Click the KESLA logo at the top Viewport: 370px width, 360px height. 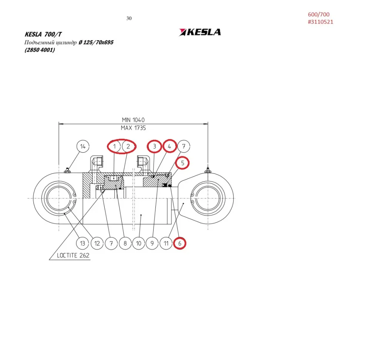200,32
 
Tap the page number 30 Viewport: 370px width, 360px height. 129,18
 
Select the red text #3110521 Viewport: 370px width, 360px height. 320,22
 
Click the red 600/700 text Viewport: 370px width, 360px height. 319,14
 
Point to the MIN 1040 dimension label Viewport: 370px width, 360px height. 133,120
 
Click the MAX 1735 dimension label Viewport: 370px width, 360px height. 133,128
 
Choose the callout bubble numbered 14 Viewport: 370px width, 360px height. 83,146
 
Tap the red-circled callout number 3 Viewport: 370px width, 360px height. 154,146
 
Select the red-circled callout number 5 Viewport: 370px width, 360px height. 182,163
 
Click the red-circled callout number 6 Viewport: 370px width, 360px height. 179,243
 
